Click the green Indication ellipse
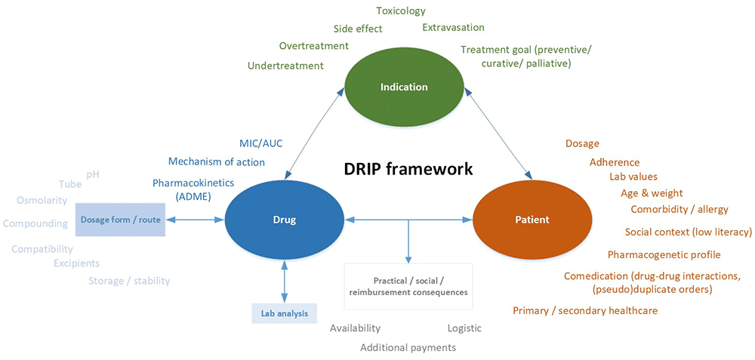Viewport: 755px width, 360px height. click(403, 87)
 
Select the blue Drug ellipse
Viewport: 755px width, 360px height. click(284, 220)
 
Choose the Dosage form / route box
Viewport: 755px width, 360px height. click(120, 220)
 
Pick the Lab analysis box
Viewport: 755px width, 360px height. click(284, 312)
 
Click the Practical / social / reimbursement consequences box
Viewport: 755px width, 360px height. click(408, 286)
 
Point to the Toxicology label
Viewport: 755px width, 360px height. click(401, 11)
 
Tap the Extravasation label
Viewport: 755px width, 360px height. click(453, 28)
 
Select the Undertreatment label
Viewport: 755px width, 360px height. click(285, 66)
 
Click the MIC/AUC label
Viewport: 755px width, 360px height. click(260, 143)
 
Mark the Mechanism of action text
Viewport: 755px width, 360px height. click(217, 162)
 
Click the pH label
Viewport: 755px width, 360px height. click(93, 174)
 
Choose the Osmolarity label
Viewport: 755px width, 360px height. click(42, 200)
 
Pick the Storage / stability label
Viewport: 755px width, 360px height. click(129, 281)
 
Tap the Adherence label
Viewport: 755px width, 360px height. click(614, 162)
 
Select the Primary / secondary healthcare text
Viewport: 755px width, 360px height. click(585, 310)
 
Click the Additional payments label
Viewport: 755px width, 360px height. click(408, 347)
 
